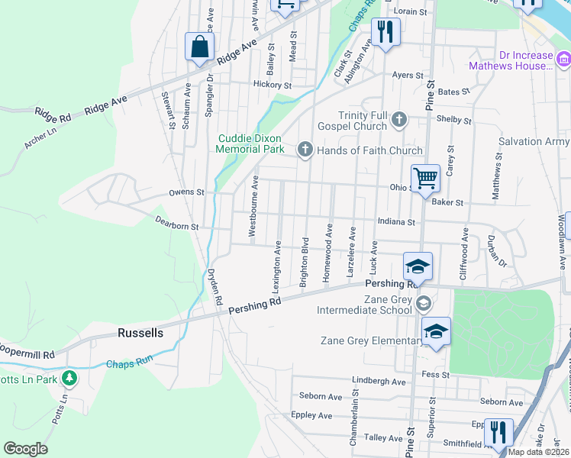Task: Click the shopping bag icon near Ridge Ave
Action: (x=199, y=46)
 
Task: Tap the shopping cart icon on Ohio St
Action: (x=425, y=179)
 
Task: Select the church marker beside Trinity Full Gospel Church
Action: (x=398, y=119)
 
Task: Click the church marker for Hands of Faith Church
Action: (x=305, y=149)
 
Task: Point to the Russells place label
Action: (x=140, y=333)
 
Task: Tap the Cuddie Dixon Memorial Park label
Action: (x=250, y=144)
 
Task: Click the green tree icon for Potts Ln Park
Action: (x=69, y=376)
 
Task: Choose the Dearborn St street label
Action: (x=176, y=226)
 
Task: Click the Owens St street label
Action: (x=186, y=192)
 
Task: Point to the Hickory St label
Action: (x=273, y=85)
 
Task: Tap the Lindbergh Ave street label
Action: (x=379, y=380)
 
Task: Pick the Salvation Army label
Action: (x=534, y=142)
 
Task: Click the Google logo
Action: (x=25, y=449)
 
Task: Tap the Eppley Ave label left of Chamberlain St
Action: (x=311, y=415)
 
